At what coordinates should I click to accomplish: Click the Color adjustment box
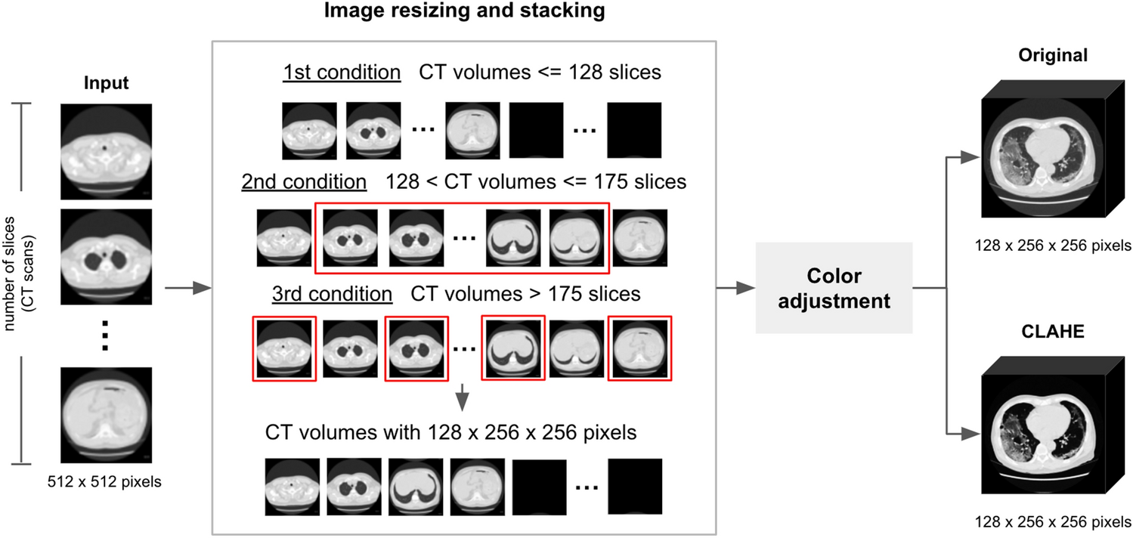pyautogui.click(x=834, y=289)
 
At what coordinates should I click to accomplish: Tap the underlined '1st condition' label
pyautogui.click(x=342, y=73)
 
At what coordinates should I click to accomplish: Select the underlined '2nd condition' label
pyautogui.click(x=304, y=182)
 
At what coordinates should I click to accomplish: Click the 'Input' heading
pyautogui.click(x=106, y=83)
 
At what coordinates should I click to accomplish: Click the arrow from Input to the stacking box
pyautogui.click(x=186, y=288)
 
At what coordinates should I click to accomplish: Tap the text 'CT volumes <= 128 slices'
pyautogui.click(x=540, y=73)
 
